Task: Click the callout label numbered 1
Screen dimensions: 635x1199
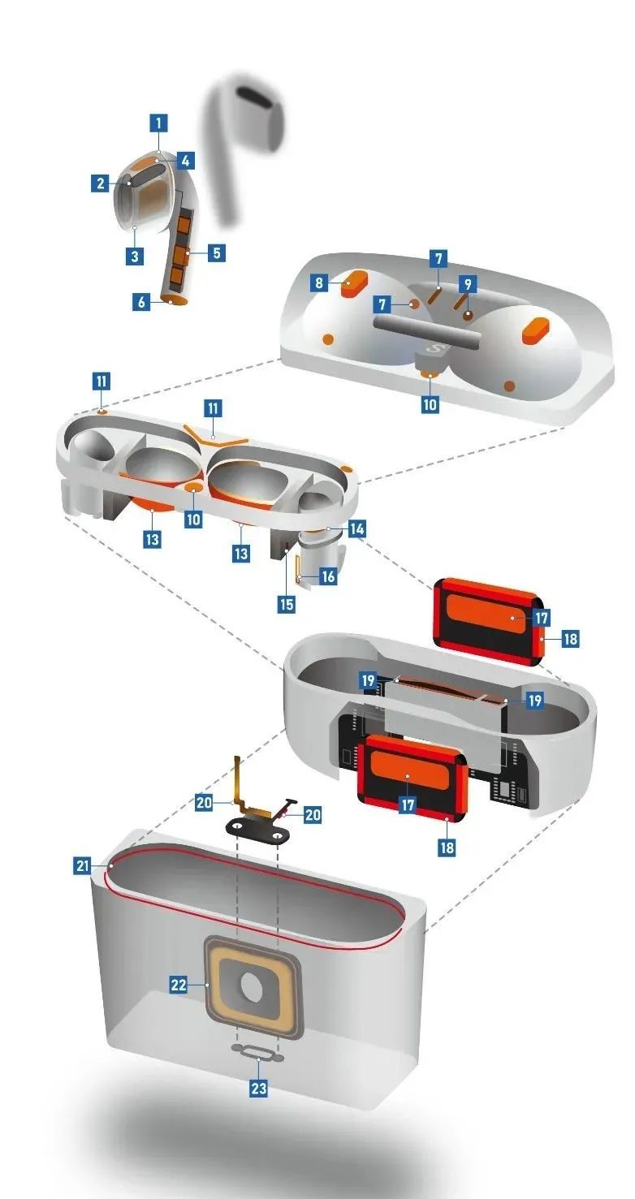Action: pyautogui.click(x=158, y=123)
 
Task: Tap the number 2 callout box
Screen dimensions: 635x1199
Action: pyautogui.click(x=100, y=183)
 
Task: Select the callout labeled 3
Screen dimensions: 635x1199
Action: pyautogui.click(x=134, y=256)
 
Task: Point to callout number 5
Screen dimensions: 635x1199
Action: pyautogui.click(x=216, y=252)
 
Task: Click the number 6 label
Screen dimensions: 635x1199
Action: pyautogui.click(x=141, y=302)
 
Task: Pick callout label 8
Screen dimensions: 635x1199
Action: pyautogui.click(x=319, y=282)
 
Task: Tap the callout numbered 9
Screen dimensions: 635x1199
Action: pyautogui.click(x=468, y=283)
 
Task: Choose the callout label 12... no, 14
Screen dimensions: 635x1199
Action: pyautogui.click(x=356, y=529)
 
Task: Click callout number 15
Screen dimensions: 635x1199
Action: pyautogui.click(x=287, y=604)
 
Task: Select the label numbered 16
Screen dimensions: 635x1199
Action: pyautogui.click(x=328, y=576)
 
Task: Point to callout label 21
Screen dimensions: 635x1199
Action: pyautogui.click(x=82, y=865)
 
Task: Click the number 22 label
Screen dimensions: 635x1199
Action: pyautogui.click(x=179, y=985)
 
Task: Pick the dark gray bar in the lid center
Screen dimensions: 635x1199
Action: pyautogui.click(x=428, y=331)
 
